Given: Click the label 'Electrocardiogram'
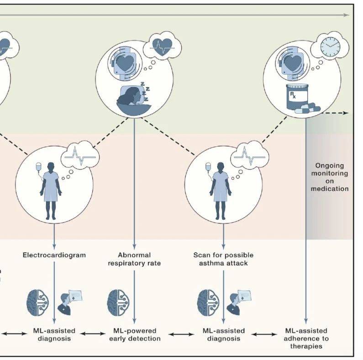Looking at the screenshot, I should (54, 255).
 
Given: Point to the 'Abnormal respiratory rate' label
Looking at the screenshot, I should (134, 259).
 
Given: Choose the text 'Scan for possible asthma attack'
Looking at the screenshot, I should (223, 259).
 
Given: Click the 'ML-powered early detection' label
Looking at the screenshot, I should (134, 334).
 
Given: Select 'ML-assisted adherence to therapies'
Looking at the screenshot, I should (305, 338).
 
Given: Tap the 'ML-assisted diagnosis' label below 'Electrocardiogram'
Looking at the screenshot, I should (54, 334).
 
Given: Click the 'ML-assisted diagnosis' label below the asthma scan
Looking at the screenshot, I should (223, 334).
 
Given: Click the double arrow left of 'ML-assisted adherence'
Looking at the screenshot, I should (263, 334).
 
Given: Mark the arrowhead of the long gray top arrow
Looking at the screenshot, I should (347, 15).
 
